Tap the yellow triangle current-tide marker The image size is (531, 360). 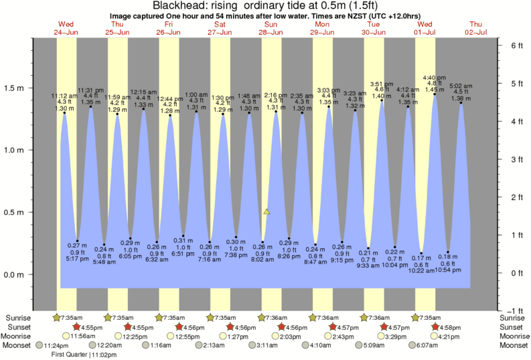click(x=267, y=211)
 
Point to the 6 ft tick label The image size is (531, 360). click(x=516, y=46)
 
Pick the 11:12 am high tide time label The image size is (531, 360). click(x=64, y=96)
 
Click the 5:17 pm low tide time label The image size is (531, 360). click(x=78, y=259)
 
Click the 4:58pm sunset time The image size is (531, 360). click(x=451, y=327)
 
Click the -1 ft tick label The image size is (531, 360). click(x=516, y=310)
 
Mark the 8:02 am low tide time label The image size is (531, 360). click(x=262, y=259)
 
